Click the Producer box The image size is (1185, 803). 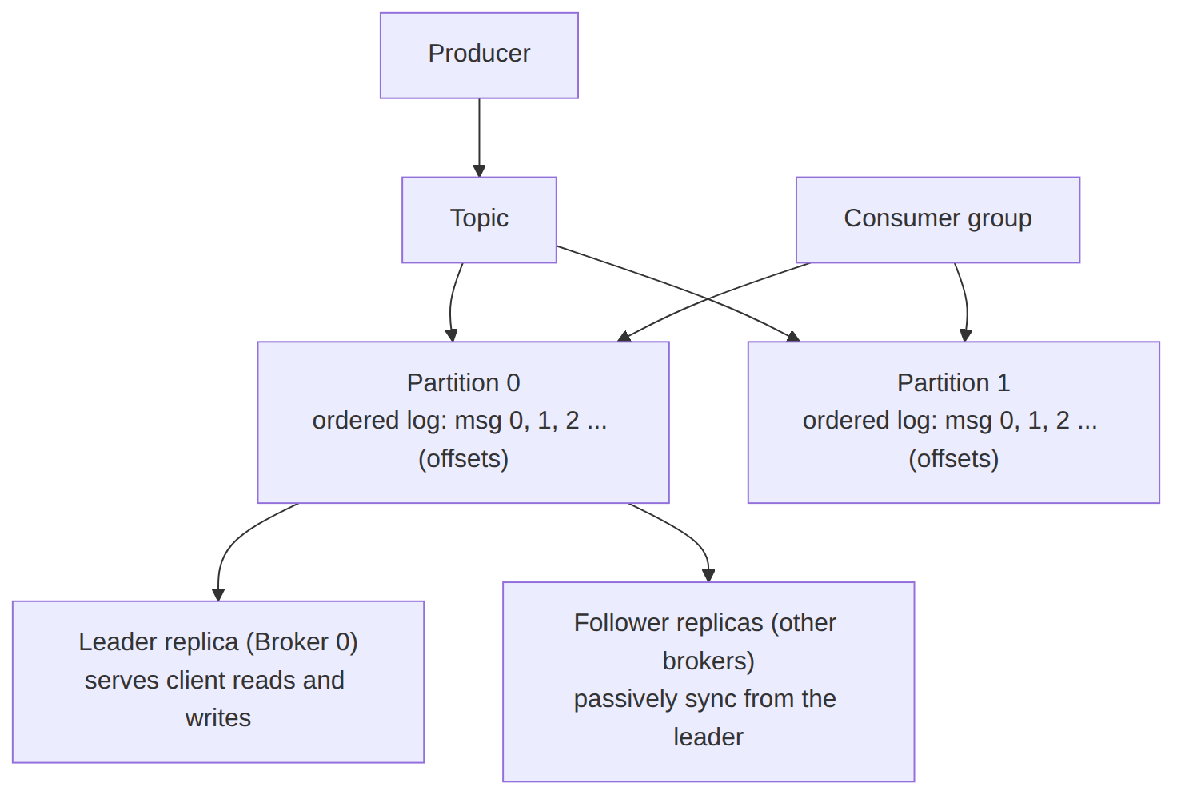479,55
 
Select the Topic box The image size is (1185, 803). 479,220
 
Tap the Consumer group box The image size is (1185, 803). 938,220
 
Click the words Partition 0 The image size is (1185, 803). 464,382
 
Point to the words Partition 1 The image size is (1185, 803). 954,382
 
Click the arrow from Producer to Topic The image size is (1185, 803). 479,138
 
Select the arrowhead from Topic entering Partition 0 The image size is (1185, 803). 452,335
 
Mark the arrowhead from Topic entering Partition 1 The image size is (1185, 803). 793,337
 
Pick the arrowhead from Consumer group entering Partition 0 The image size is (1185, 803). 624,337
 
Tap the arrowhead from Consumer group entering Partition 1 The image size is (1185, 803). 966,335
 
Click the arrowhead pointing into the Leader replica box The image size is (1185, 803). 218,594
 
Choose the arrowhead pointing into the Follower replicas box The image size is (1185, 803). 708,576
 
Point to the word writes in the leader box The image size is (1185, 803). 218,718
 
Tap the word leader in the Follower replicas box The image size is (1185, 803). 708,737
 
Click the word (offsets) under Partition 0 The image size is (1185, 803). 464,458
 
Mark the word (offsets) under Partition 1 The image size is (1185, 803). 954,458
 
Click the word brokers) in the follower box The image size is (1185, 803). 708,661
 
